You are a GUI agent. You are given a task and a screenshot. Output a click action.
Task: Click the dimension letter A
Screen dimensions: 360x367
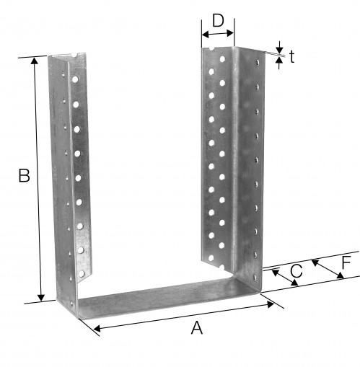click(197, 328)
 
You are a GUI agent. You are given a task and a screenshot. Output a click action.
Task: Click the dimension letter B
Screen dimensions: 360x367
click(24, 175)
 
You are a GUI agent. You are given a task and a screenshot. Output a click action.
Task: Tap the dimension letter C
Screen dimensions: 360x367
click(297, 271)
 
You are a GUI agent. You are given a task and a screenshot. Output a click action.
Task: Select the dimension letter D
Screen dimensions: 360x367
click(218, 21)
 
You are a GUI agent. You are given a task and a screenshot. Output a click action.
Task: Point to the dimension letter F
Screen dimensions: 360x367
click(346, 262)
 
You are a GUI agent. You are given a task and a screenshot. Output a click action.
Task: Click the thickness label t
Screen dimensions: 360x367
click(291, 57)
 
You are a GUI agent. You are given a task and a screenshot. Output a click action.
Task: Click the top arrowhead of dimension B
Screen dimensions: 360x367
click(35, 61)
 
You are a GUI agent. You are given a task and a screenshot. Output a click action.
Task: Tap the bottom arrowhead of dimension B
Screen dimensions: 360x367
click(41, 297)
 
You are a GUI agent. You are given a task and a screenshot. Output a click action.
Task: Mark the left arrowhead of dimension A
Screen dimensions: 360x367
click(97, 328)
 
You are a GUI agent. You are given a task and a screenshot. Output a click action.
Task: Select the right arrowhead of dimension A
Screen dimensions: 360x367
click(271, 304)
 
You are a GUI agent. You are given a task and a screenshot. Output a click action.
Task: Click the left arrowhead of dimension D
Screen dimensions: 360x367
click(206, 35)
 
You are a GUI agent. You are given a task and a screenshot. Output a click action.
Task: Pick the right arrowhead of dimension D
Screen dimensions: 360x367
click(230, 33)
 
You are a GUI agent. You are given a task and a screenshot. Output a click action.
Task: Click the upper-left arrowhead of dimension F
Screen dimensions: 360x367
click(315, 263)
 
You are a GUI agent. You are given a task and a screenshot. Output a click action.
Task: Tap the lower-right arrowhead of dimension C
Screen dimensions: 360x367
click(294, 283)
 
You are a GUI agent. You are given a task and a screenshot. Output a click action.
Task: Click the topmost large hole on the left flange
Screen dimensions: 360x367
click(75, 79)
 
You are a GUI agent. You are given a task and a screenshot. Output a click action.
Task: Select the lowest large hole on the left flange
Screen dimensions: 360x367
click(82, 274)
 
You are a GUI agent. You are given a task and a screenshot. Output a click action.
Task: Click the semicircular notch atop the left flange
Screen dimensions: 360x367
click(76, 56)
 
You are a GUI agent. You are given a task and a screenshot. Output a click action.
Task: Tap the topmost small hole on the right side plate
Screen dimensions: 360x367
click(258, 63)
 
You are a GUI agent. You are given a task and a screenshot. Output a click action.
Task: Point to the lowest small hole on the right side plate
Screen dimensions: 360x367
click(255, 278)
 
